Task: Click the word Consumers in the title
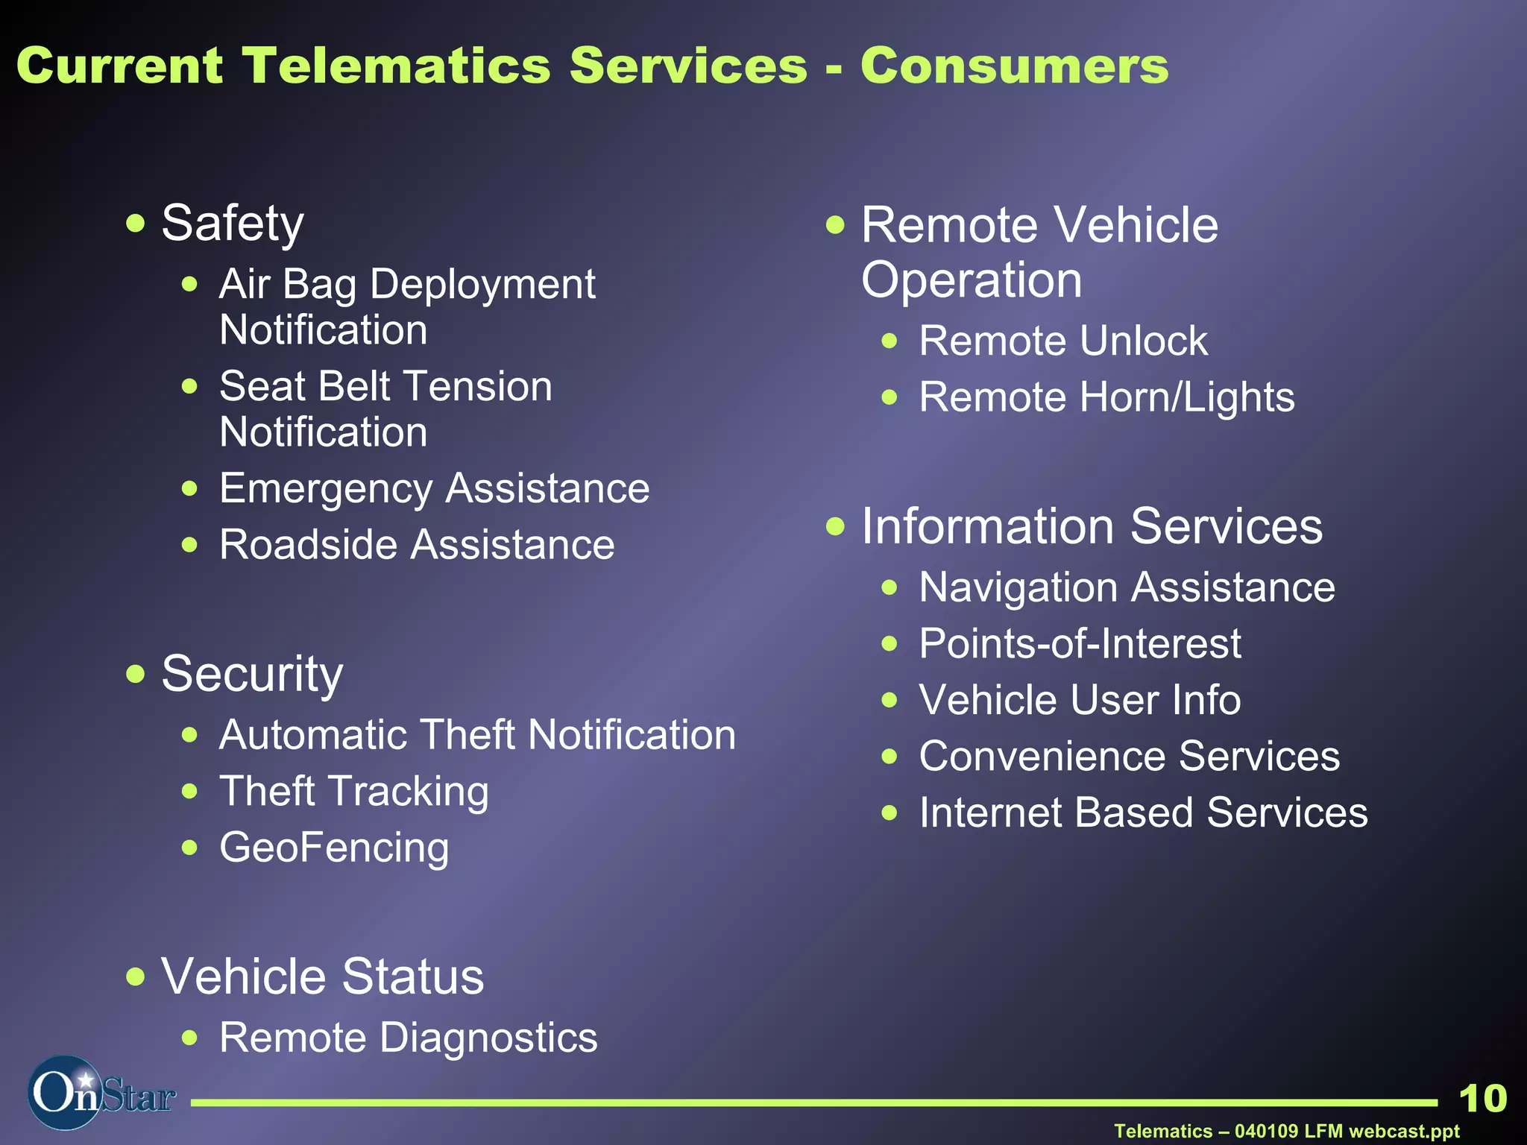point(1014,66)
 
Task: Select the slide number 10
point(1482,1099)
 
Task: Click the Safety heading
point(233,224)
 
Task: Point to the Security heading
point(252,674)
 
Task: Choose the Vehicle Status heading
point(322,977)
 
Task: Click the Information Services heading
point(1092,526)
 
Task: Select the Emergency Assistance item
point(434,489)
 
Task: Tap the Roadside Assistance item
point(417,545)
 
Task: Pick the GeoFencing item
point(334,848)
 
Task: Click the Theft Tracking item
point(353,792)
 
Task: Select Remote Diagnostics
point(408,1038)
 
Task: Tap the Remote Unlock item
point(1062,341)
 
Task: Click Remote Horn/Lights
point(1106,397)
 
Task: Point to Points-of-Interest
point(1080,644)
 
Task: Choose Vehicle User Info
point(1080,700)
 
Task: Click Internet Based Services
point(1143,813)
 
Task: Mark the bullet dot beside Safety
point(135,223)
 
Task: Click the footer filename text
point(1286,1131)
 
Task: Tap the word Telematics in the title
point(396,66)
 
